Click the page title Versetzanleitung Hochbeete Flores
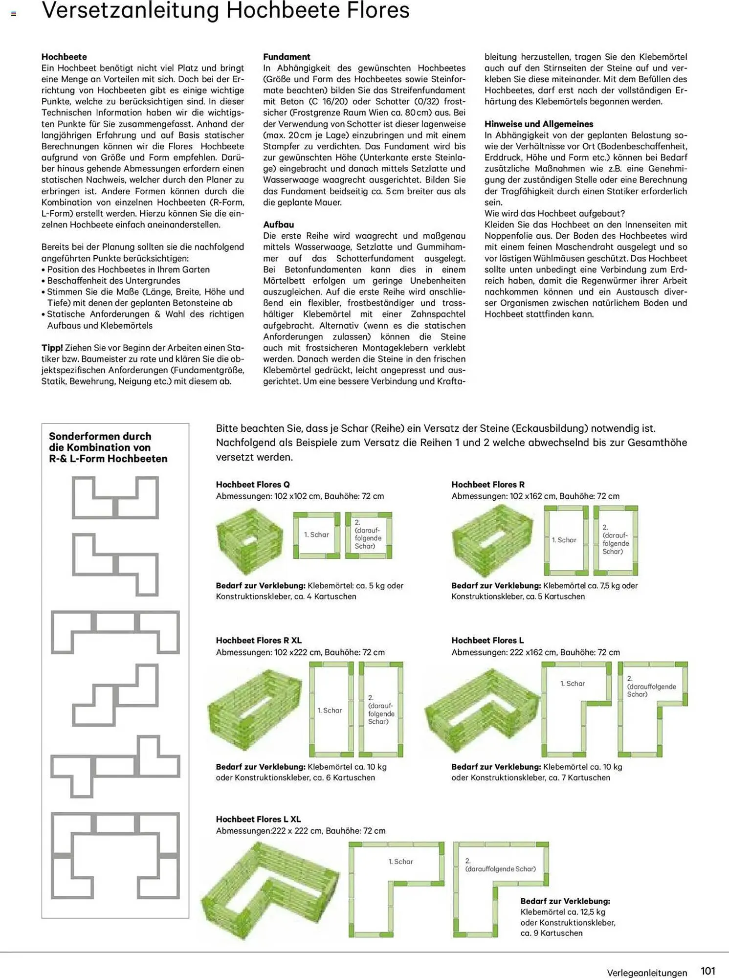225,11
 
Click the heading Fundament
287,57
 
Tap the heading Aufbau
278,224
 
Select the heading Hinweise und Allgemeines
539,124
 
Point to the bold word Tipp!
52,348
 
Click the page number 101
708,971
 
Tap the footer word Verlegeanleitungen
646,973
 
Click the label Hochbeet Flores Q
253,485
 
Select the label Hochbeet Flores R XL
259,640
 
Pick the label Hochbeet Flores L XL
258,819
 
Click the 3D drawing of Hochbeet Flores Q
249,541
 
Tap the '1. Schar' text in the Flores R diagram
564,540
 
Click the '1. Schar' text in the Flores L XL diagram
400,862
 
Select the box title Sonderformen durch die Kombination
108,447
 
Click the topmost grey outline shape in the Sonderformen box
115,498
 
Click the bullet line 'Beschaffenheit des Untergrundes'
113,281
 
